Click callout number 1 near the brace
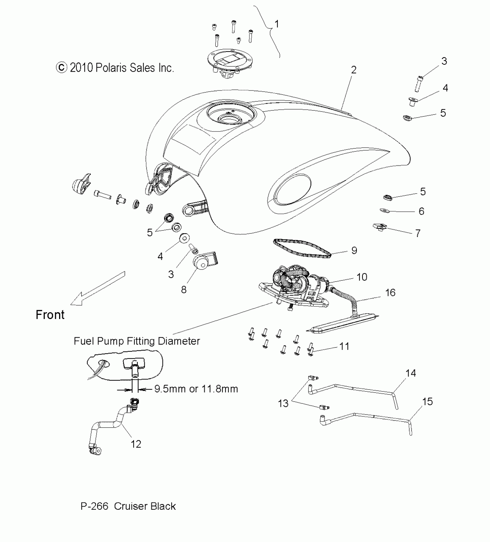[x=277, y=24]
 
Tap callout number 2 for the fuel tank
[x=354, y=70]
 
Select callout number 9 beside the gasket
[x=354, y=250]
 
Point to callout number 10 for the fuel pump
[x=362, y=277]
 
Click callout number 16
[x=390, y=293]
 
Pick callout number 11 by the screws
[x=344, y=346]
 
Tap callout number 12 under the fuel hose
[x=136, y=444]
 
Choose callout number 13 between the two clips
[x=283, y=403]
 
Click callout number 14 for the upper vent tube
[x=411, y=373]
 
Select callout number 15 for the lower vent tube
[x=427, y=402]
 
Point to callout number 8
[x=184, y=290]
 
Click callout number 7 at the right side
[x=418, y=233]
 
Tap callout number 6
[x=421, y=211]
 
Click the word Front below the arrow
[x=50, y=315]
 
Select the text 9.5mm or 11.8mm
[x=196, y=389]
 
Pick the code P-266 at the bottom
[x=94, y=506]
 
